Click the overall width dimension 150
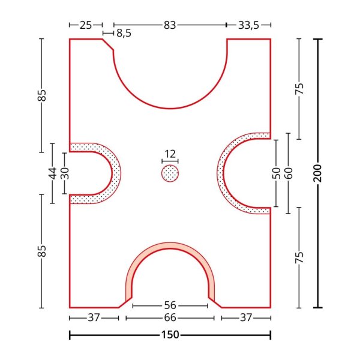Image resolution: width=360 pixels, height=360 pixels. point(170,335)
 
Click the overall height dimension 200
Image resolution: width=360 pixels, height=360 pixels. point(318,173)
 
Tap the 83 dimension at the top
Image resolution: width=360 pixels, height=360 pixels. point(170,25)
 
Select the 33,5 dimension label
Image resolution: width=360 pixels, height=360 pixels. point(248,25)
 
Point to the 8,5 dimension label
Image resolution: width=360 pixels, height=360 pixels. point(124,33)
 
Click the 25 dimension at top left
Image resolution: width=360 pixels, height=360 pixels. point(86,25)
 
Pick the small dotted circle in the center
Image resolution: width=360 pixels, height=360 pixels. point(170,173)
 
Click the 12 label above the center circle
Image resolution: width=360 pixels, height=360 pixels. point(170,154)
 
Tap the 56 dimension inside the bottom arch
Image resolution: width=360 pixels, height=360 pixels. point(170,305)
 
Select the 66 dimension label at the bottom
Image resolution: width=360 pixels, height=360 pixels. point(170,318)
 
